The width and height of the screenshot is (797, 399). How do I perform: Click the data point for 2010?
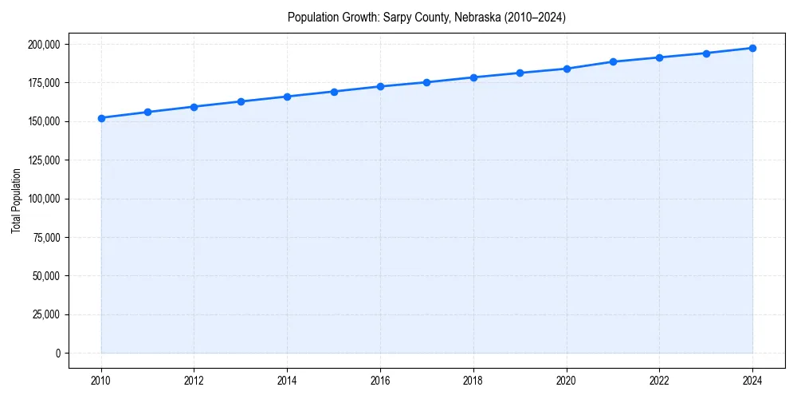click(x=101, y=118)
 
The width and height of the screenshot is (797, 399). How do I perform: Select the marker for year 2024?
click(x=752, y=48)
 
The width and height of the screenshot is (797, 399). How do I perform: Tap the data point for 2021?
click(x=613, y=61)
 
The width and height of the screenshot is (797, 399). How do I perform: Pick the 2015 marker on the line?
click(x=334, y=92)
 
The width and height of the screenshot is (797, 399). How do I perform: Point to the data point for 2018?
click(x=473, y=77)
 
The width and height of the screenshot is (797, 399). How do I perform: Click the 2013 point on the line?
click(x=241, y=101)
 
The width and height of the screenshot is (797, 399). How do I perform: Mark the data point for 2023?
click(x=706, y=53)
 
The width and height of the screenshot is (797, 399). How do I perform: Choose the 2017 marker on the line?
click(x=427, y=82)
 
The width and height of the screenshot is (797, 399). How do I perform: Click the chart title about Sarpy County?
click(x=426, y=18)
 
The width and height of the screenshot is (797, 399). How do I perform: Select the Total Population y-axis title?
click(x=16, y=200)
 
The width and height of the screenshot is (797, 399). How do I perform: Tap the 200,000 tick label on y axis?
click(x=43, y=44)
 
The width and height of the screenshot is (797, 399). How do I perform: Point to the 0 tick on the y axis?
click(x=57, y=353)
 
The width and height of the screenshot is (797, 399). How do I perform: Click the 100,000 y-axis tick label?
click(x=43, y=199)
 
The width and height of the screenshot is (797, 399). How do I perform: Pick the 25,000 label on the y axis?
click(x=45, y=314)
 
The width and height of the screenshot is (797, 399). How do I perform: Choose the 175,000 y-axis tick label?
click(x=43, y=83)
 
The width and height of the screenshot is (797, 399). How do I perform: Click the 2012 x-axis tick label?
click(x=194, y=381)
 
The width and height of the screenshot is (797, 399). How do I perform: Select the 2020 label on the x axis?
click(x=567, y=381)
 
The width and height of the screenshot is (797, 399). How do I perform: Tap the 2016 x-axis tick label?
click(x=380, y=381)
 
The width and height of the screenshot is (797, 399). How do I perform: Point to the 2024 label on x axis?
click(x=752, y=381)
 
